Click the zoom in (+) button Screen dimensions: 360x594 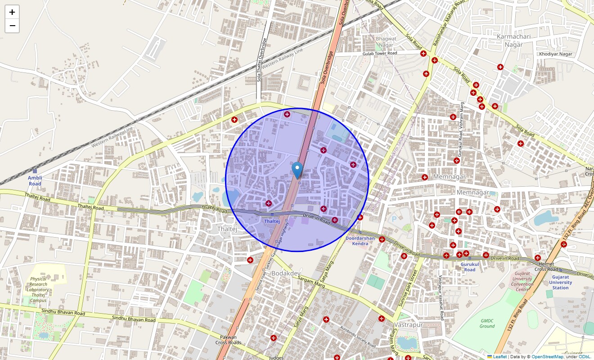[12, 12]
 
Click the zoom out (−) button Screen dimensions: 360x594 [12, 26]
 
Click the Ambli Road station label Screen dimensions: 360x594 [35, 181]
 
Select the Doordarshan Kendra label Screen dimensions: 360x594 [360, 241]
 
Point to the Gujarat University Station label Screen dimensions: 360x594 [561, 282]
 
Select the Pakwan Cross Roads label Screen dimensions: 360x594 [228, 340]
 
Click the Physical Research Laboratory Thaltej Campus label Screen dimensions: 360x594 [38, 289]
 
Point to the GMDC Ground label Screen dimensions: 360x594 [487, 324]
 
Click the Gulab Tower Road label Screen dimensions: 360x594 [380, 53]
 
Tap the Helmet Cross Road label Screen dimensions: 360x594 [546, 266]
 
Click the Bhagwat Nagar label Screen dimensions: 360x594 [386, 42]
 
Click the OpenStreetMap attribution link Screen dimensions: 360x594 [547, 357]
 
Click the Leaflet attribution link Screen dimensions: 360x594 [499, 357]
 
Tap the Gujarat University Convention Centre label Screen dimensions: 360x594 [522, 281]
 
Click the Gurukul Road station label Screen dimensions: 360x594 [469, 267]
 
